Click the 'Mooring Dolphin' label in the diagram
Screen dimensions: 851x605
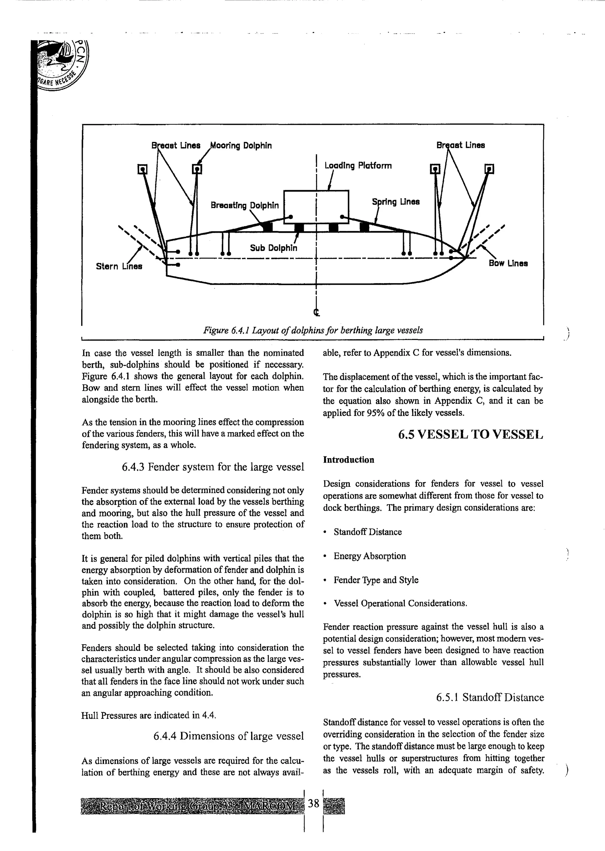coord(241,146)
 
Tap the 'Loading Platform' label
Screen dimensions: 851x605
coord(358,166)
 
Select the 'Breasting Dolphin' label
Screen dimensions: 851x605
coord(244,206)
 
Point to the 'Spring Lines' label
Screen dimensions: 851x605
coord(396,202)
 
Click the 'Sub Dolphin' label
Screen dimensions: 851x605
coord(274,248)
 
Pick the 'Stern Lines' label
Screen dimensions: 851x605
coord(119,266)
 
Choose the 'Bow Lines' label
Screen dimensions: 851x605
coord(508,263)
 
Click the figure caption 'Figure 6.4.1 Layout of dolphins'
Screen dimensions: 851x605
coord(313,330)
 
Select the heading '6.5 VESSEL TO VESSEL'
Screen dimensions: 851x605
coord(471,435)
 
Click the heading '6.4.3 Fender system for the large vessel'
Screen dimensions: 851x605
coord(213,467)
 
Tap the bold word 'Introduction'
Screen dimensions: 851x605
coord(348,460)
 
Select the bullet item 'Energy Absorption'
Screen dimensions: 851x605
coord(370,556)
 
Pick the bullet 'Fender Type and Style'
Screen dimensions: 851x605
coord(376,580)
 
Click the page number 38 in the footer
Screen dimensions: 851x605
coord(314,803)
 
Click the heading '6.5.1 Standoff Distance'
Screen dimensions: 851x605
coord(490,697)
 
